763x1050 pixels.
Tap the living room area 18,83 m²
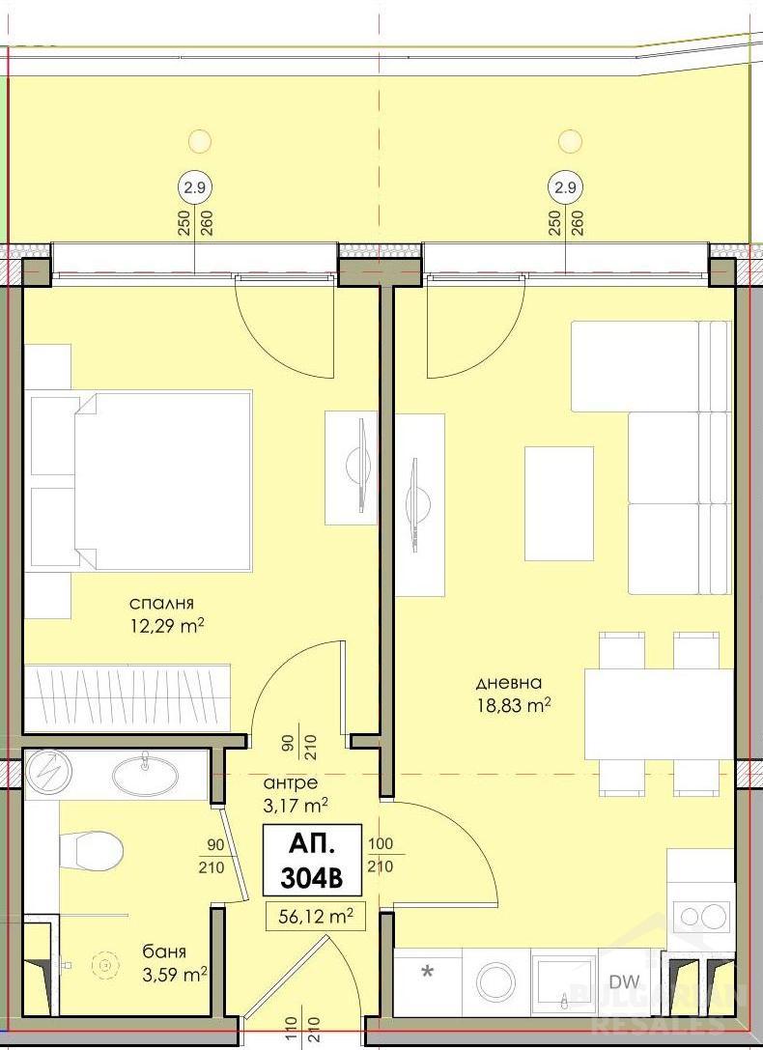point(513,706)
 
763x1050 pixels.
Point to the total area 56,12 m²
point(315,915)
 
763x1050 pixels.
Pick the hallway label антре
point(290,782)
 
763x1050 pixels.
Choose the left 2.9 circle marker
point(195,185)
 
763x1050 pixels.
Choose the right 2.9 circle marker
point(565,185)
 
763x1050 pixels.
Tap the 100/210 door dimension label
point(381,856)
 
